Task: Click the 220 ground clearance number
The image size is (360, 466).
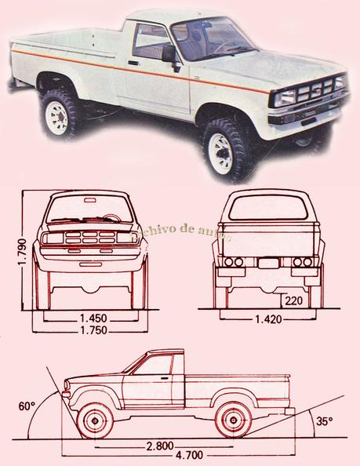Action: pyautogui.click(x=294, y=300)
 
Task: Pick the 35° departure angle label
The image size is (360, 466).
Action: pyautogui.click(x=324, y=421)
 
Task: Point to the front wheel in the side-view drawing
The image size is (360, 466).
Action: pyautogui.click(x=95, y=419)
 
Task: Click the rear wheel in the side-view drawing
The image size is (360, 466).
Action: pyautogui.click(x=233, y=419)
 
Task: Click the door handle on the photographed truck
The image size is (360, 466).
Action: pyautogui.click(x=133, y=62)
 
